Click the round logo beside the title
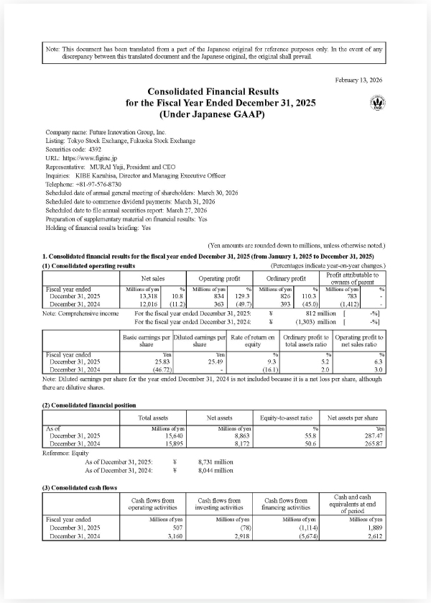click(x=376, y=103)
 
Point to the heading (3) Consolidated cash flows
click(x=80, y=487)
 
